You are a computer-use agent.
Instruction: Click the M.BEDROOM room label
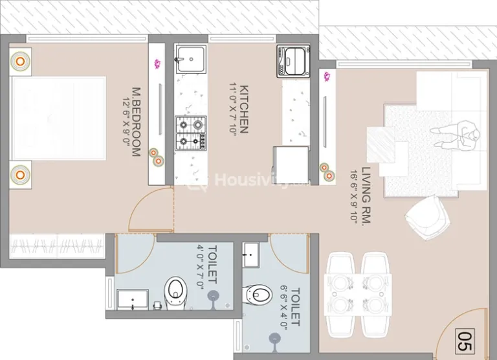[x=136, y=122]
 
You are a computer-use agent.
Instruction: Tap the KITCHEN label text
[x=244, y=109]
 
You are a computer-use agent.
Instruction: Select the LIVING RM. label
[x=366, y=196]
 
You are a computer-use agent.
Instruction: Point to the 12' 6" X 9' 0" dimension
[x=126, y=123]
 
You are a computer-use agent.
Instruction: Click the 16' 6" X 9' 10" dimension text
[x=354, y=196]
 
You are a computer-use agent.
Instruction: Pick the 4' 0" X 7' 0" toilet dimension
[x=201, y=267]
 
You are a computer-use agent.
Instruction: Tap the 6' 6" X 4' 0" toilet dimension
[x=283, y=308]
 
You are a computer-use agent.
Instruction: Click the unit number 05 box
[x=465, y=341]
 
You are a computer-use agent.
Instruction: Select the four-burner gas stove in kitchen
[x=190, y=133]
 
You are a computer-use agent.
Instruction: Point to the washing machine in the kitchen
[x=293, y=61]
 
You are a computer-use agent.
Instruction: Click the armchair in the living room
[x=428, y=218]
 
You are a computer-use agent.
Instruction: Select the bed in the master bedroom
[x=59, y=118]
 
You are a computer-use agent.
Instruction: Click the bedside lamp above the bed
[x=20, y=62]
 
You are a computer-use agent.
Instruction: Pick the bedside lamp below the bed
[x=20, y=175]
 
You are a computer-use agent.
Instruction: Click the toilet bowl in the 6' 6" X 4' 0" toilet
[x=257, y=295]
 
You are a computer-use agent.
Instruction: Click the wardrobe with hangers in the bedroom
[x=57, y=247]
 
